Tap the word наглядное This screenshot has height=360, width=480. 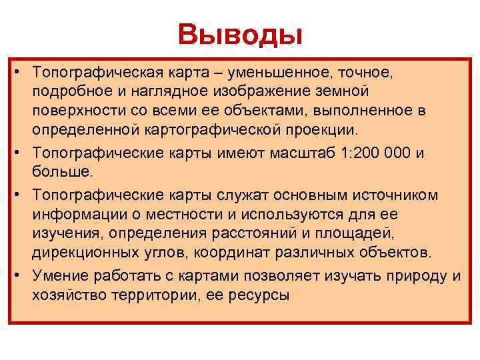pyautogui.click(x=151, y=91)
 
